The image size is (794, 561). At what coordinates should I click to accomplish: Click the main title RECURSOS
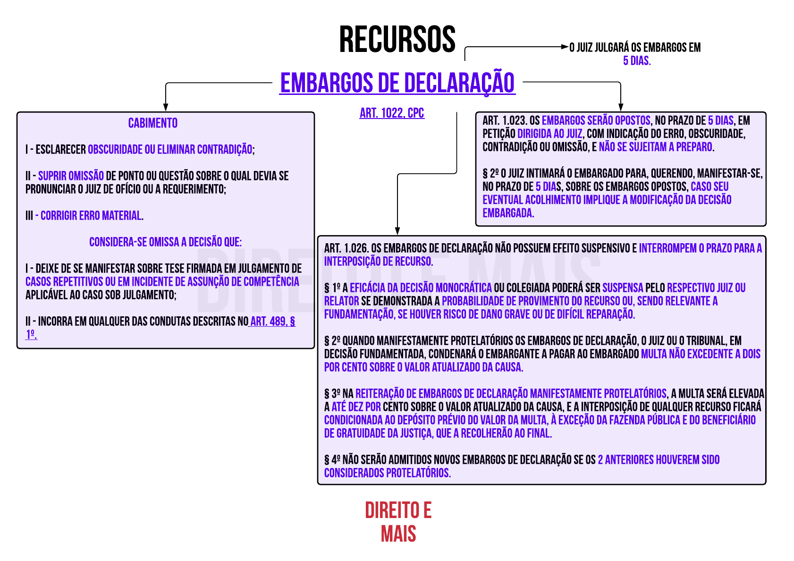pos(397,40)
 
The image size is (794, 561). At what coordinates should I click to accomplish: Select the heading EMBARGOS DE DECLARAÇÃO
pos(397,83)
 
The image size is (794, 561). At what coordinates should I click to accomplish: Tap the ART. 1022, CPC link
pos(392,113)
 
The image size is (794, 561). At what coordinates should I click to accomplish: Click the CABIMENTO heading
pos(153,123)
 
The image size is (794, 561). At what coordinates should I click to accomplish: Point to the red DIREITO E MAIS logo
pos(398,522)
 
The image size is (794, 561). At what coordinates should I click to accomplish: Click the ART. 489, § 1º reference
pos(272,322)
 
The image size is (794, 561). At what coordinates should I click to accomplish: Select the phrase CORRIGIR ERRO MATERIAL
pos(91,216)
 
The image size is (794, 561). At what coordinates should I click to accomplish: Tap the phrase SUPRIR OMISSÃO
pos(71,176)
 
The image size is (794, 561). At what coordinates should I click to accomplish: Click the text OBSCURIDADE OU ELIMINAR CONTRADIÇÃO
pos(170,150)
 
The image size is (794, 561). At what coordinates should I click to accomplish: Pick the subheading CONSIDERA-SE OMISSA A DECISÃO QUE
pos(165,242)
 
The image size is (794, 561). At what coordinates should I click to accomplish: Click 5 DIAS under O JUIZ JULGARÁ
pos(637,61)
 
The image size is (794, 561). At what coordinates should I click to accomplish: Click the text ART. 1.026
pos(346,248)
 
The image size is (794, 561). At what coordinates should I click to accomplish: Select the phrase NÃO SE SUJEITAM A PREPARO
pos(655,147)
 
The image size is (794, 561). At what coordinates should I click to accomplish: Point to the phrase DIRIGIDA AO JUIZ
pos(549,134)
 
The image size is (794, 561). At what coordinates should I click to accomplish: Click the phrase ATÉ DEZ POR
pos(356,407)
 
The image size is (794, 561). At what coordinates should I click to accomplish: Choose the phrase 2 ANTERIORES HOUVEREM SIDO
pos(659,460)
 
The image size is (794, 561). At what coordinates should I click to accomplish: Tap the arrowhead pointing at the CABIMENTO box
pos(166,107)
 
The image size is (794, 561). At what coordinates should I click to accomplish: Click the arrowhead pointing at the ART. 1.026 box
pos(397,231)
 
